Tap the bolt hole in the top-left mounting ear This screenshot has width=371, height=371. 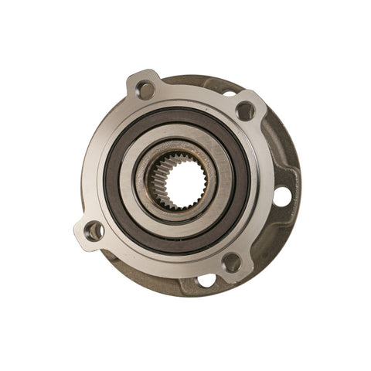145,90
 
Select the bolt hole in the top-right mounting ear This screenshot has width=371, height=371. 245,111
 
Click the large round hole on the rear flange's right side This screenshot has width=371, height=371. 282,197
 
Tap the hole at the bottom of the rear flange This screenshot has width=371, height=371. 206,281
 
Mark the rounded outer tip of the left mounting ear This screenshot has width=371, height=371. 80,233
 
